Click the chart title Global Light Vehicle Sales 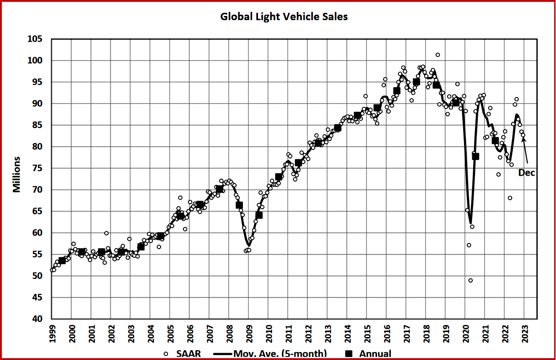[x=284, y=16]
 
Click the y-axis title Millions [x=17, y=175]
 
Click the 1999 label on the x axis [x=52, y=333]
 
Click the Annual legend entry [x=369, y=354]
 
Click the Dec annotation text [x=526, y=173]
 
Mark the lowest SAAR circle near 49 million [x=470, y=280]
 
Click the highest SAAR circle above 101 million [x=437, y=55]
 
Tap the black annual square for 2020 [x=475, y=156]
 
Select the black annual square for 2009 [x=259, y=215]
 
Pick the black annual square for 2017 [x=416, y=82]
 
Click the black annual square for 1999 [x=62, y=261]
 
